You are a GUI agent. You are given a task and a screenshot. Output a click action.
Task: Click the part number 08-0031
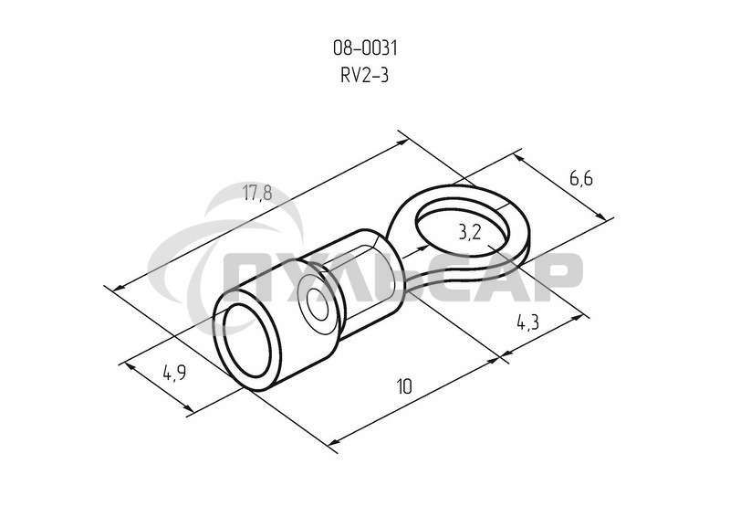point(365,48)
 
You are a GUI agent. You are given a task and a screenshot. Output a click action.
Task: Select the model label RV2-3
point(364,75)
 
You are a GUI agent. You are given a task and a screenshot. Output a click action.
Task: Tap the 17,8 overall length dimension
point(257,193)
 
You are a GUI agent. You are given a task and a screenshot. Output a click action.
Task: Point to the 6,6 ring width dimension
point(581,178)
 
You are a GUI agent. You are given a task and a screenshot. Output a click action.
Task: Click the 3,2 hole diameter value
point(470,232)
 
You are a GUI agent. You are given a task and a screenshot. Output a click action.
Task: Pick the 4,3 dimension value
point(528,322)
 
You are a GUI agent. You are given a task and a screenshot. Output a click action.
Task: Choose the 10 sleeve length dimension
point(404,386)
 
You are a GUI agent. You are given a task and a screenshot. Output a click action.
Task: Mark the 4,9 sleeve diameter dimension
point(174,372)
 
